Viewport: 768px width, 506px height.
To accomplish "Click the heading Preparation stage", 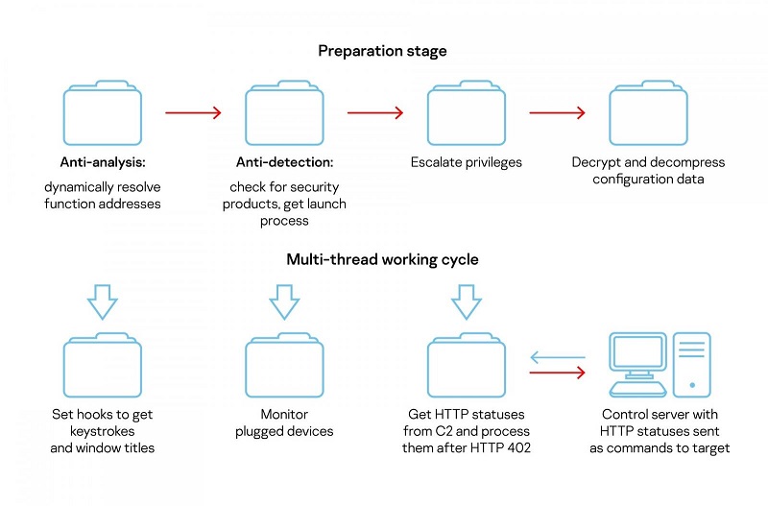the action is pos(382,51).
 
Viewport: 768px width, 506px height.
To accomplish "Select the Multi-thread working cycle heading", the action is pos(382,259).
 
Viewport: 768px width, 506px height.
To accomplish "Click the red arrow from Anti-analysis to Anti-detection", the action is pos(194,112).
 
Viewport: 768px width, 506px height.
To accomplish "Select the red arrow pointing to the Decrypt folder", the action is pos(558,112).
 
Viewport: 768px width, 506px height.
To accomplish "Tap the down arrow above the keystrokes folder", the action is pos(103,301).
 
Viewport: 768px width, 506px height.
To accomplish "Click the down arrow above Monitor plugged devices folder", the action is pos(284,301).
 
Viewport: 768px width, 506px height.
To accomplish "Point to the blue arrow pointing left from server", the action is pos(558,357).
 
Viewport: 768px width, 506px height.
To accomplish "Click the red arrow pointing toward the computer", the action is pos(558,373).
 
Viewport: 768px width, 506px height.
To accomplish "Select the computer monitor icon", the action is pos(637,365).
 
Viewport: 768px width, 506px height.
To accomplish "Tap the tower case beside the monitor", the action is pos(691,365).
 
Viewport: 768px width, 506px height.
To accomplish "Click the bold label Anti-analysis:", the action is pos(103,162).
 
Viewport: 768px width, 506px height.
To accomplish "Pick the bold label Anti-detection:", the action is pos(284,162).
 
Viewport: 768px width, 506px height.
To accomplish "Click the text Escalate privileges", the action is pos(467,162).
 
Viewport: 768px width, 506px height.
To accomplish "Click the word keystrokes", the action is pos(103,431).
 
